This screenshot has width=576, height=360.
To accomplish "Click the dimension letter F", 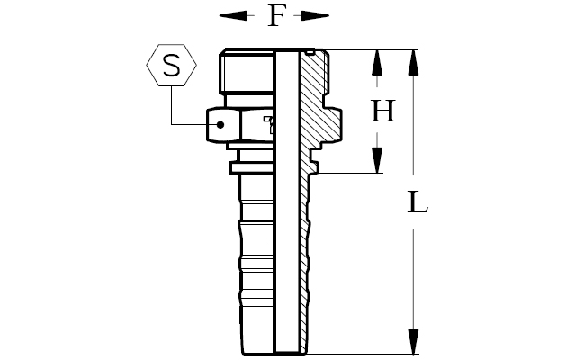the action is (x=276, y=16).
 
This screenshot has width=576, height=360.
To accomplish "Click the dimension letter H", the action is (x=382, y=111).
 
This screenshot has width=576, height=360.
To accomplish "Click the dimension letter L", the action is (x=418, y=202).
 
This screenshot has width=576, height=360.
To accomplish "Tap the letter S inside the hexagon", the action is (x=172, y=66).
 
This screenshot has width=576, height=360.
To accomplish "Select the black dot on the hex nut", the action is (x=220, y=125).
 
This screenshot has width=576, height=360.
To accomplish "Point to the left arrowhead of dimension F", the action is (x=234, y=16).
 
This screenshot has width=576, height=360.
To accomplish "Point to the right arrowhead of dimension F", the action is (x=314, y=16).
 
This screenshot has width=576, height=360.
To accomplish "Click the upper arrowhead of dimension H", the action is (x=377, y=63).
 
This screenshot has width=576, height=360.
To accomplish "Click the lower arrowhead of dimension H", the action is (x=377, y=160).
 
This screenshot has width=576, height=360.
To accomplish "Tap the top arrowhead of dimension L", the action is (x=413, y=63).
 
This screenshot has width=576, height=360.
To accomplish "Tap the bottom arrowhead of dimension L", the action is (x=413, y=341).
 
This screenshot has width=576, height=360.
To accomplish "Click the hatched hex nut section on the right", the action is (x=327, y=124).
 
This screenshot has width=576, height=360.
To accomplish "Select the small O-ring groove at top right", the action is (x=310, y=53).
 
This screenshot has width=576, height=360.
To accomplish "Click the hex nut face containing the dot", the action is (x=223, y=125).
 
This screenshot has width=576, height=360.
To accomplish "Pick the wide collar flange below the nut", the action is (x=252, y=167).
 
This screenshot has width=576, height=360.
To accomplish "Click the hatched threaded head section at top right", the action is (x=313, y=73).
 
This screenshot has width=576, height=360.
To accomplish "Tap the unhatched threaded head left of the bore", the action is (x=247, y=71).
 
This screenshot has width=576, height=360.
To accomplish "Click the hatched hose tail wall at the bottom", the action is (x=305, y=265).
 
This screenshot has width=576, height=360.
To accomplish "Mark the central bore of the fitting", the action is (x=286, y=202).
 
